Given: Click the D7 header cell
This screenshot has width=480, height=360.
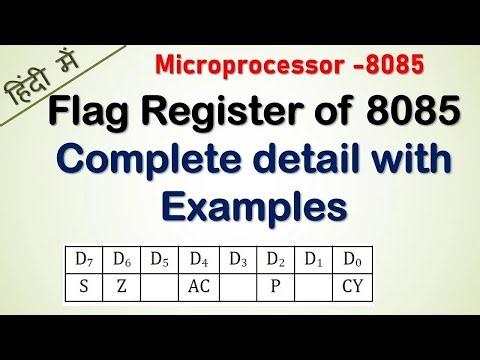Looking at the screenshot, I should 84,260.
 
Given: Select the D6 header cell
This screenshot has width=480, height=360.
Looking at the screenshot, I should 122,260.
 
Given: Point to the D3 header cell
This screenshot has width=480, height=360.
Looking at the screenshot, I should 236,260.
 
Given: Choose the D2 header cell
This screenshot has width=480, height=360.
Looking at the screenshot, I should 275,260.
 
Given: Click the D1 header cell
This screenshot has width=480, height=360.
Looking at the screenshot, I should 313,260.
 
